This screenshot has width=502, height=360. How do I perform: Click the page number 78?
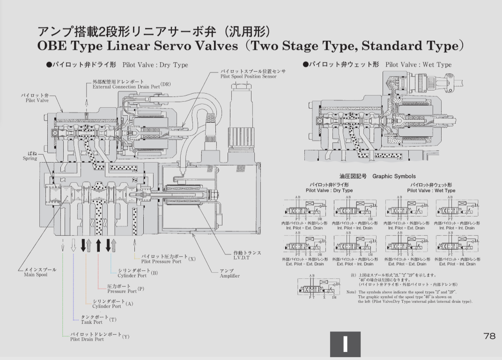pyautogui.click(x=489, y=336)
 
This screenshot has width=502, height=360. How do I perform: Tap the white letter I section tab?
pyautogui.click(x=346, y=345)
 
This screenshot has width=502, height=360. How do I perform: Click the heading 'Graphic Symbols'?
pyautogui.click(x=394, y=177)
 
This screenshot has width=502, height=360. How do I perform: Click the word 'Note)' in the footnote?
pyautogui.click(x=351, y=292)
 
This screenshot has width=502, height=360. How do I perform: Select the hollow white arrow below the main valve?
pyautogui.click(x=73, y=245)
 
